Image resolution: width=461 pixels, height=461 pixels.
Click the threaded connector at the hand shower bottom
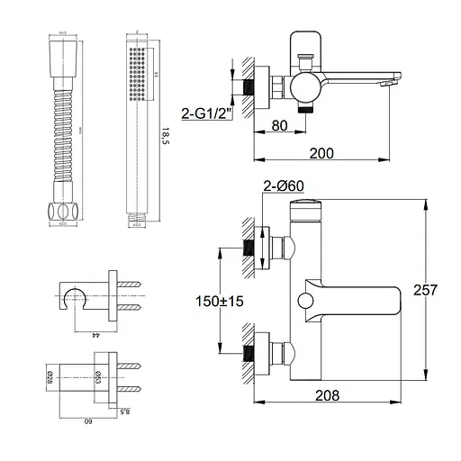coord(137,216)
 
